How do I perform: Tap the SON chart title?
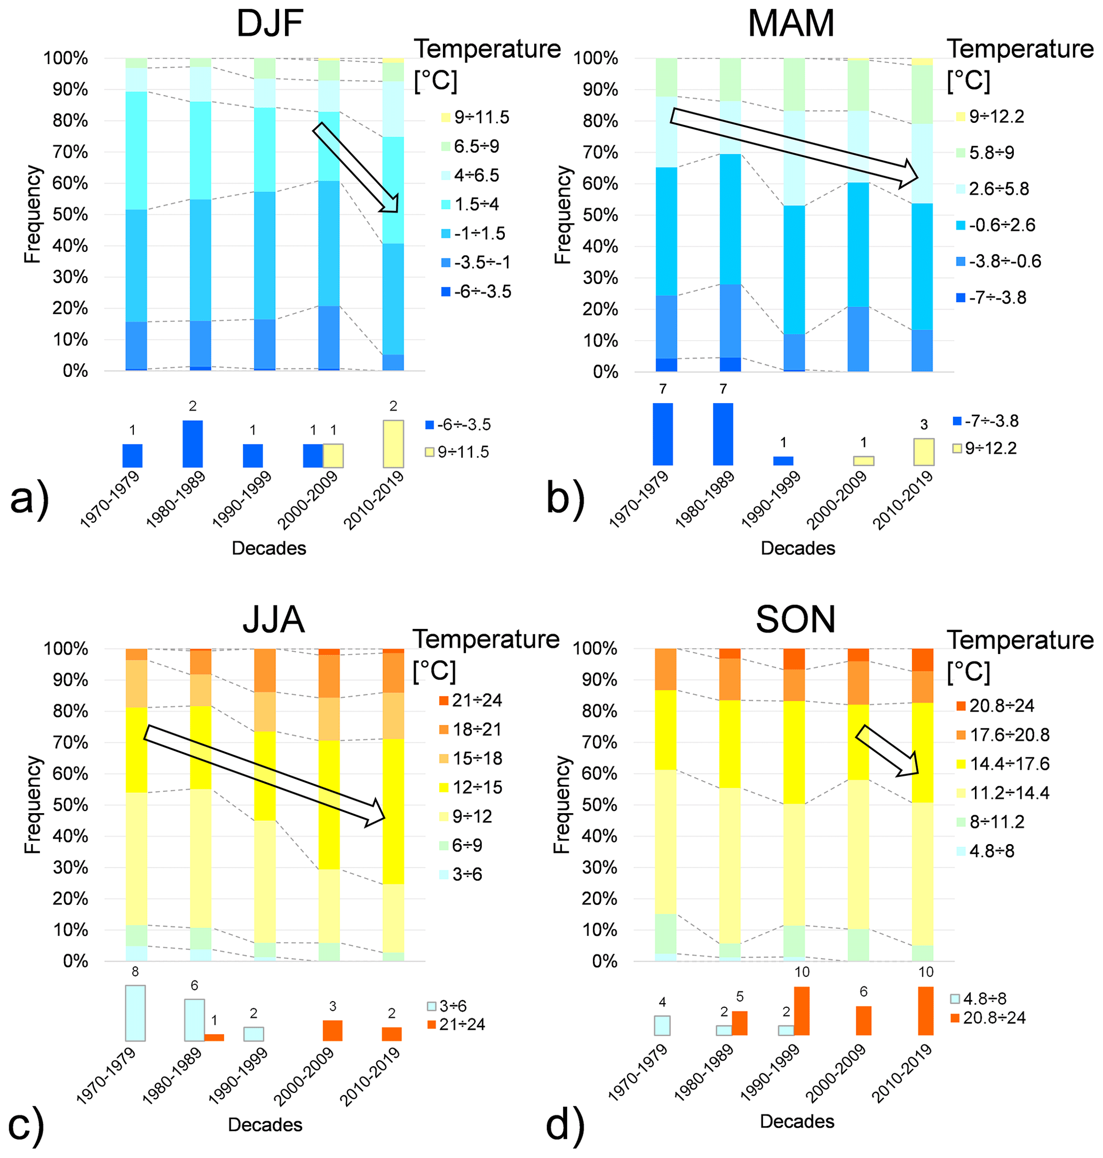tap(795, 619)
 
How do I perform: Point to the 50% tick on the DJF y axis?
tap(70, 215)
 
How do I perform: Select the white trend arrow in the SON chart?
tap(887, 751)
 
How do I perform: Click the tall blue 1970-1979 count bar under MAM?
tap(663, 434)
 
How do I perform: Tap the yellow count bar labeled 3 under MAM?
tap(923, 452)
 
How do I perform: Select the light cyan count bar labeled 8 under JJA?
tap(135, 1013)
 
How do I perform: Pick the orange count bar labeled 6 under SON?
tap(863, 1020)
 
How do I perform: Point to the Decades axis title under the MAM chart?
tap(797, 548)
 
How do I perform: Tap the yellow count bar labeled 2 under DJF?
tap(393, 444)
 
